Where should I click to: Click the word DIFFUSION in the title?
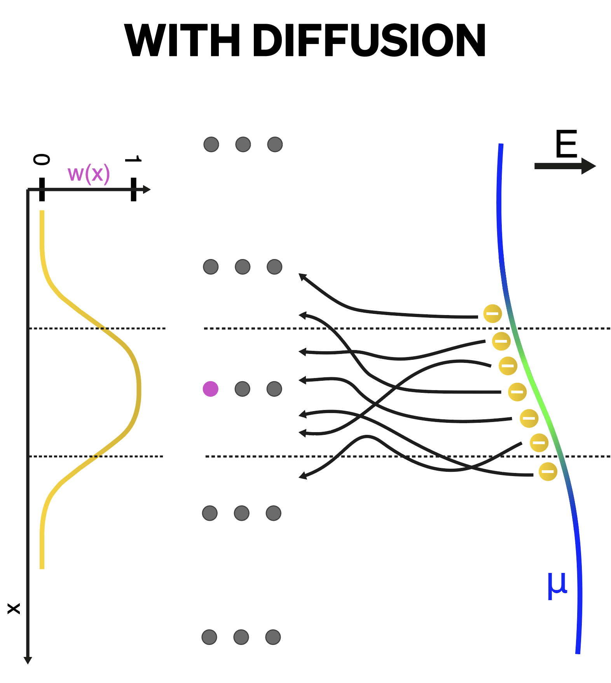click(x=369, y=40)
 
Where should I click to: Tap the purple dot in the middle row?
click(x=211, y=389)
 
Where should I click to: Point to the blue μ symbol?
click(x=557, y=586)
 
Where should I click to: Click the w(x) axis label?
click(x=89, y=173)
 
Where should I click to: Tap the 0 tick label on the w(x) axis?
click(x=42, y=159)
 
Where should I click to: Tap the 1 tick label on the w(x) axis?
click(x=133, y=159)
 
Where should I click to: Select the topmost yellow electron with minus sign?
click(x=492, y=313)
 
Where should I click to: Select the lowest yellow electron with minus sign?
click(x=548, y=471)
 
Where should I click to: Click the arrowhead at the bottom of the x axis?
click(x=28, y=660)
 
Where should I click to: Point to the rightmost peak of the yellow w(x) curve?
click(x=139, y=389)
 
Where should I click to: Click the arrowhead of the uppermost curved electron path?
click(x=302, y=276)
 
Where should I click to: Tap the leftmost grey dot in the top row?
click(x=211, y=144)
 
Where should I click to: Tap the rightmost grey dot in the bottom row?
click(x=273, y=637)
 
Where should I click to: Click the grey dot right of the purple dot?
click(x=243, y=389)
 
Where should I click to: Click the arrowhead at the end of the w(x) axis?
click(x=147, y=189)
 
